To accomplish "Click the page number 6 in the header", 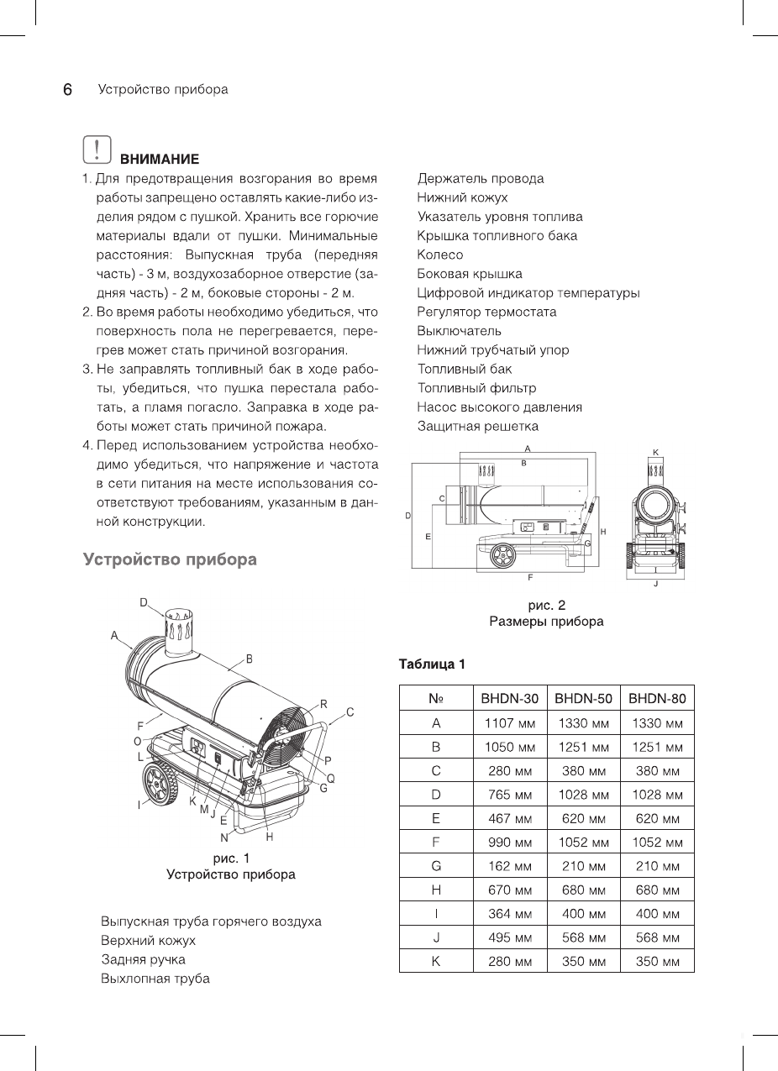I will [67, 89].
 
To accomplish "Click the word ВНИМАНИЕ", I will [160, 159].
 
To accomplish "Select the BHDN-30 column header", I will [509, 698].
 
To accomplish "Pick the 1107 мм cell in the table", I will [509, 722].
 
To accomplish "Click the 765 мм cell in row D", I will [509, 794].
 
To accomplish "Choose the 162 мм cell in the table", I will [509, 865].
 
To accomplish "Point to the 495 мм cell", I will [509, 937].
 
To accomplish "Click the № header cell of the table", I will [435, 698].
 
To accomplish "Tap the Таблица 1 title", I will [432, 664].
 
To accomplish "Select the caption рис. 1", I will [230, 858].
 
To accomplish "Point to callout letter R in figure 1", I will [323, 704].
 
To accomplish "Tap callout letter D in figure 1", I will [144, 602].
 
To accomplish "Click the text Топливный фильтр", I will [476, 388].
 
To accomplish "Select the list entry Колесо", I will [440, 255].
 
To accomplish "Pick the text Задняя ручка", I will [143, 959].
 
